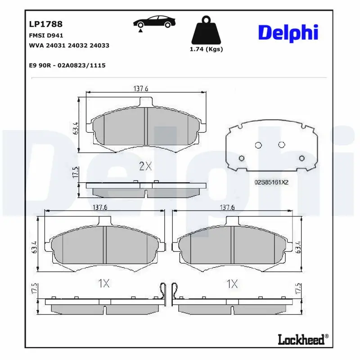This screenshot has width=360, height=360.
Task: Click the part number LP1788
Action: tap(46, 24)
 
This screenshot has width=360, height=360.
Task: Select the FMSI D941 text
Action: tap(46, 36)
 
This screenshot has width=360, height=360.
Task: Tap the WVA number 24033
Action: tap(99, 45)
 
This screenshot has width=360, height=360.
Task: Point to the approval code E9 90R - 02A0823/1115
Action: tap(67, 65)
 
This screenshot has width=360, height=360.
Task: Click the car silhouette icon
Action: tap(154, 22)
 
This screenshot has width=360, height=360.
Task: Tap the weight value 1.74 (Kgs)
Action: tap(206, 49)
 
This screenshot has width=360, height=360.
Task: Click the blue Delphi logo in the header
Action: tap(288, 33)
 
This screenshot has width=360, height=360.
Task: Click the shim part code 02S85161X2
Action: tap(271, 182)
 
